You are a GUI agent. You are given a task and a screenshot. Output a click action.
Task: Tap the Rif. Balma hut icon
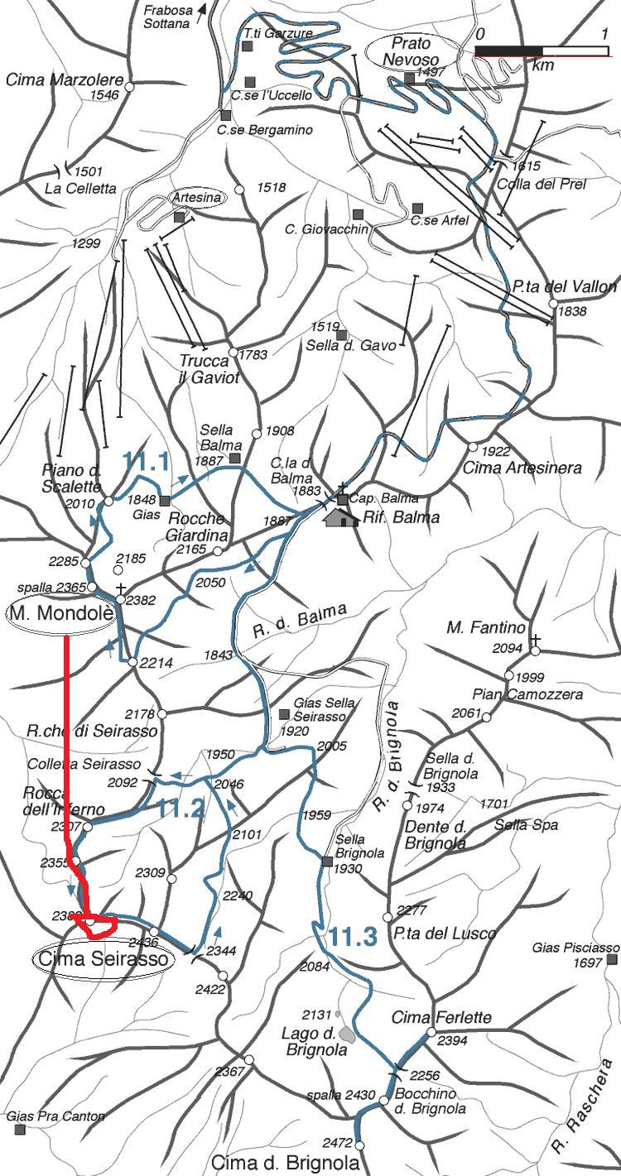pos(340,518)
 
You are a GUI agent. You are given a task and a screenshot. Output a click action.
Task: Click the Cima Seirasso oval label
pos(103,960)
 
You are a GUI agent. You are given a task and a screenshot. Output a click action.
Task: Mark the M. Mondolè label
pos(60,613)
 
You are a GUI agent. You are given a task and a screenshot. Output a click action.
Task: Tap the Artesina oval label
pos(196,198)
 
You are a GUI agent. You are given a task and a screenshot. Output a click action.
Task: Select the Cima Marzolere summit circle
pos(129,84)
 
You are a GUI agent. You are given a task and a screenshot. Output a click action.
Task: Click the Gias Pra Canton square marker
pos(20,1129)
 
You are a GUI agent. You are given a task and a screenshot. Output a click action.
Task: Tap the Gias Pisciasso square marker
pos(612,959)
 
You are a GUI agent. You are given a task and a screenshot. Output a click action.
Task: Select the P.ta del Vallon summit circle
pos(554,304)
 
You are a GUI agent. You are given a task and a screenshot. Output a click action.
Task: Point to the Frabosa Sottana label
pos(167,17)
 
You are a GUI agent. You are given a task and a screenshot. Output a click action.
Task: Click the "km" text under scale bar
pos(543,65)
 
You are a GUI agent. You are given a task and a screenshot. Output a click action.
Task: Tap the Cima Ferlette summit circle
pos(431,1032)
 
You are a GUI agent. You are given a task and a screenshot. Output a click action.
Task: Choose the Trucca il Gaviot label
pos(209,368)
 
